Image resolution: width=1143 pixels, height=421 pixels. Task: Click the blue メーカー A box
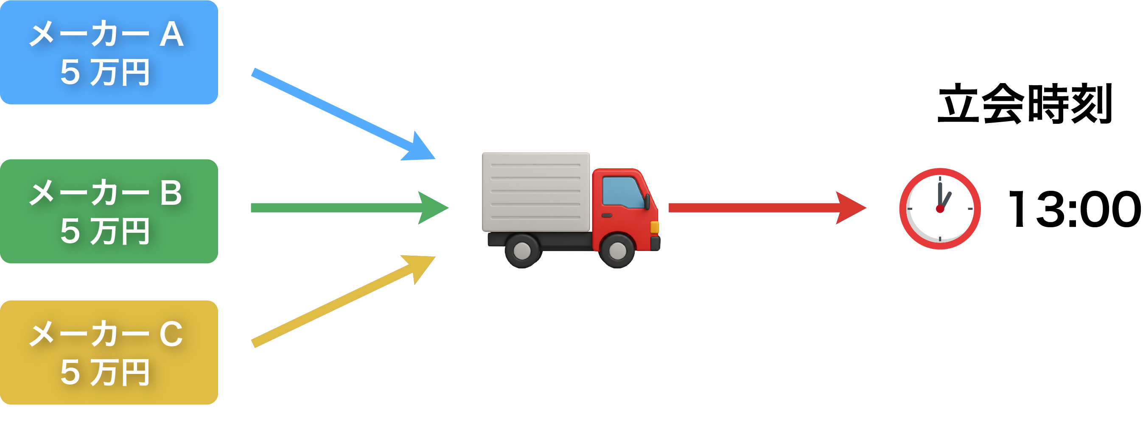(109, 52)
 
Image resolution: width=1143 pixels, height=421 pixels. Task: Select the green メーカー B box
(109, 212)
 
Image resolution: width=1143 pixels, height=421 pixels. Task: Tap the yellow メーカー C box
(109, 352)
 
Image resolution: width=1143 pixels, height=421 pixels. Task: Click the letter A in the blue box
(171, 35)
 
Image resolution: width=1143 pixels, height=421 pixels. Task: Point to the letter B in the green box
(171, 193)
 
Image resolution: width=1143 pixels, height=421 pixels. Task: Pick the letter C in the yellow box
(171, 334)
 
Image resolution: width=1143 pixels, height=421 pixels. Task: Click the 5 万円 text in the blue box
(105, 72)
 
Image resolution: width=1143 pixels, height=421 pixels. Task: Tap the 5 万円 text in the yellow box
(105, 373)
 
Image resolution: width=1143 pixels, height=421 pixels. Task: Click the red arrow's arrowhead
(850, 208)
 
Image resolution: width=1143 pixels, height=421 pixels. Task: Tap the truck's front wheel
(617, 251)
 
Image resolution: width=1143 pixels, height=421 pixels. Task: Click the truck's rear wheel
(522, 251)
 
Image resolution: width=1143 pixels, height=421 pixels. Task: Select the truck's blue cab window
(622, 192)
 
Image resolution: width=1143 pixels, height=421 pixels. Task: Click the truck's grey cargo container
(535, 192)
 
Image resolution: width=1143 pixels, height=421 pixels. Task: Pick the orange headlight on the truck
(654, 227)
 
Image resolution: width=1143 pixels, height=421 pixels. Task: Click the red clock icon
(940, 209)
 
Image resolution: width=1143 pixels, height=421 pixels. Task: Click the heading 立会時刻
(1025, 104)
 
